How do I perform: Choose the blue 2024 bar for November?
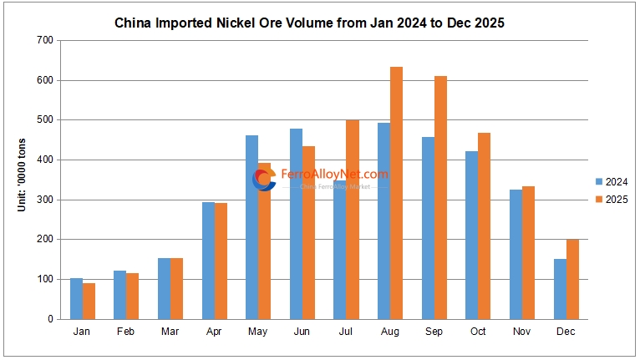(x=516, y=254)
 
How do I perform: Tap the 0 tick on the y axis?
(x=50, y=319)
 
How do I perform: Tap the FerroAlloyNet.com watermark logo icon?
(x=264, y=179)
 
